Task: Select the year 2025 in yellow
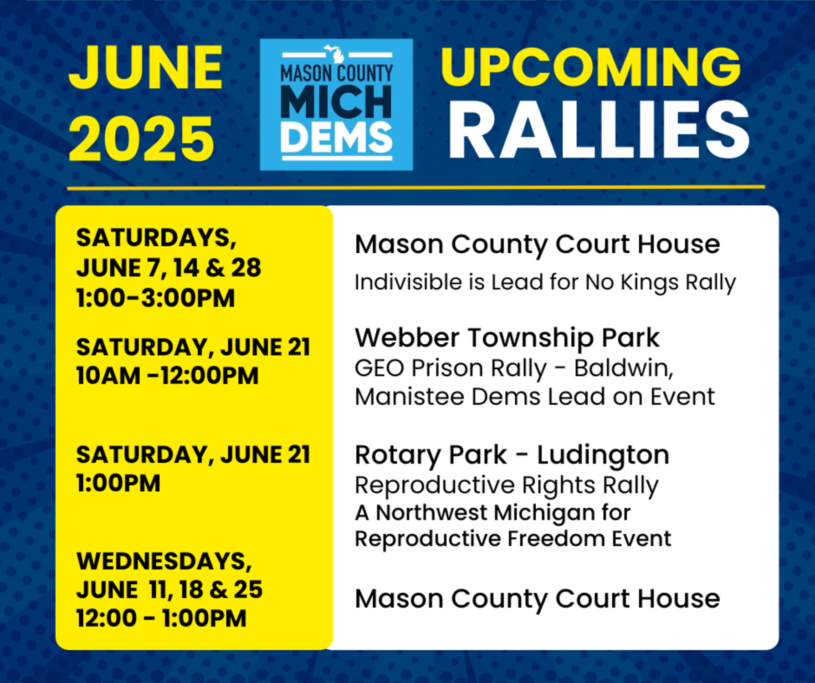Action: [x=141, y=139]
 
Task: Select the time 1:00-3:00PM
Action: [x=155, y=298]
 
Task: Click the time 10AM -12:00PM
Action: [x=167, y=376]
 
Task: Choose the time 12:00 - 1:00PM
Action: [x=161, y=618]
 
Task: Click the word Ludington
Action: [x=603, y=455]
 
